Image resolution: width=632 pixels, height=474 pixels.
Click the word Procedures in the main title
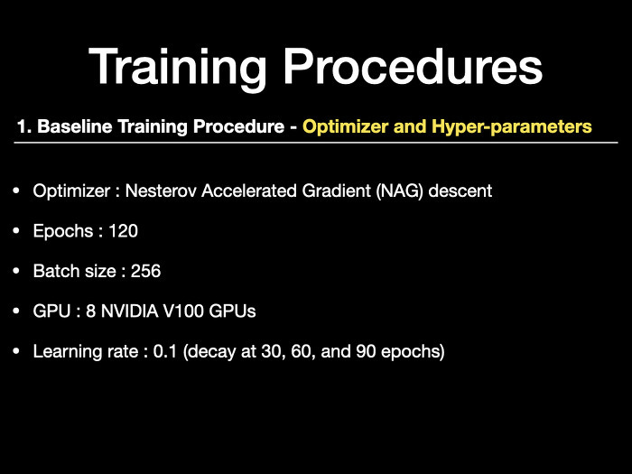[414, 67]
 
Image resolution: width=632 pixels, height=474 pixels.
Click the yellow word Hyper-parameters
[512, 127]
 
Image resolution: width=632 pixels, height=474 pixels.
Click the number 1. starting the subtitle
[24, 126]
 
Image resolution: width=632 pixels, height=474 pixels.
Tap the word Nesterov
[161, 191]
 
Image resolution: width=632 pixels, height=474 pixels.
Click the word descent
[460, 191]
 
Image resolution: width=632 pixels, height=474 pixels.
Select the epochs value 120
[124, 231]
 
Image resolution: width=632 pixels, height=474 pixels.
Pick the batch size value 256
[146, 271]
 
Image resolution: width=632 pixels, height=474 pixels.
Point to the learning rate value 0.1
[165, 351]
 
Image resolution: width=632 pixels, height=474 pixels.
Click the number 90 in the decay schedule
[366, 351]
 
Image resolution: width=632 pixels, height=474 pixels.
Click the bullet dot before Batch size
[16, 271]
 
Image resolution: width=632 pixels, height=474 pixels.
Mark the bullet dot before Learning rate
[16, 351]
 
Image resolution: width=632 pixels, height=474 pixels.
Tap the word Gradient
[336, 191]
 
